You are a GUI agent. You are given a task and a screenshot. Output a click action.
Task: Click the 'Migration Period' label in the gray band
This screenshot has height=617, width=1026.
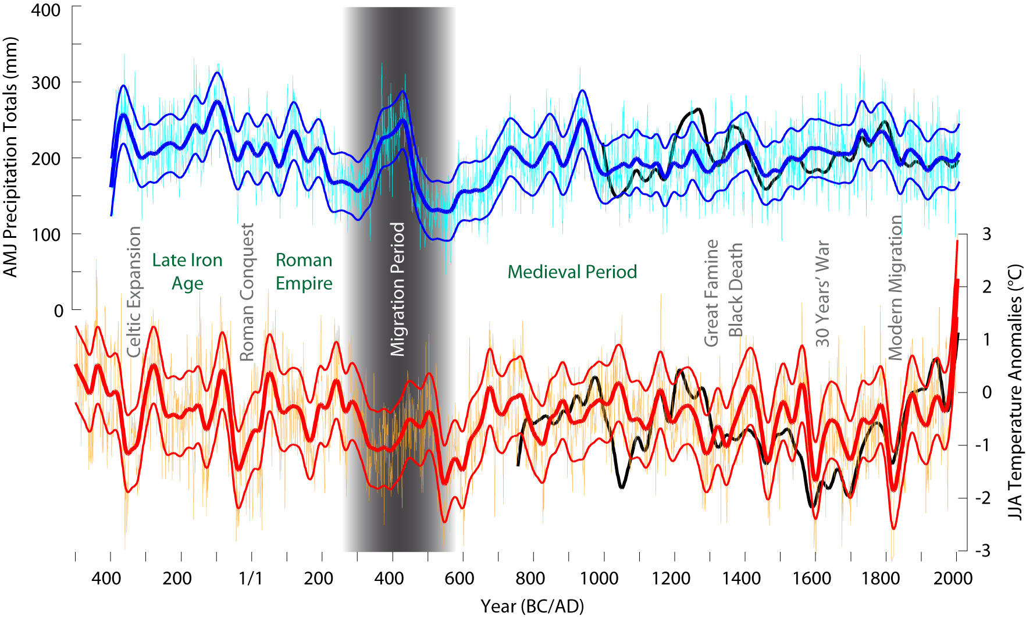[397, 289]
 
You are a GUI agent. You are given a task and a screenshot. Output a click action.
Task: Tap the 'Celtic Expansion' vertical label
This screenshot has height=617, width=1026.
[134, 292]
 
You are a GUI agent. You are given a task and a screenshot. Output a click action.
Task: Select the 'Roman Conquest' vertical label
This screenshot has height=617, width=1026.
[247, 293]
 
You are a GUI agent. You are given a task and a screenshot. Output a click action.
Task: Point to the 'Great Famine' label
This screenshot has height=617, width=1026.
[711, 293]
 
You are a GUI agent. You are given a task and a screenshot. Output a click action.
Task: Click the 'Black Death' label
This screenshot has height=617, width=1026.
[736, 290]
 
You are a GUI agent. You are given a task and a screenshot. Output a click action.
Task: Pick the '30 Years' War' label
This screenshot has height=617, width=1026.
[822, 294]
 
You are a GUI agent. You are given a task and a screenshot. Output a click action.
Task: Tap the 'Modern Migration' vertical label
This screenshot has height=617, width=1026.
[895, 288]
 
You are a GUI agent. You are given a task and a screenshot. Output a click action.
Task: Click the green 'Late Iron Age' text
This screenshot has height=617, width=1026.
[187, 272]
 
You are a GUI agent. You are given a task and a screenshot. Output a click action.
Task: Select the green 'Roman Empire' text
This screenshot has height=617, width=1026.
[304, 272]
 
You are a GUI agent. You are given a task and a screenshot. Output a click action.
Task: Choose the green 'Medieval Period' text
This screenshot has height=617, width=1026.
[572, 272]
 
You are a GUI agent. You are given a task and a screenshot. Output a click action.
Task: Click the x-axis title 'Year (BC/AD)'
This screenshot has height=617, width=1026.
[532, 606]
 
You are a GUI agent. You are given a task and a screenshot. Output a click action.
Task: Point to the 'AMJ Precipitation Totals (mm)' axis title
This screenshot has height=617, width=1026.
[10, 157]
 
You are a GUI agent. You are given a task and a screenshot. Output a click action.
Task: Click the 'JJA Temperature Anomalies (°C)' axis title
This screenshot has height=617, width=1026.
[1015, 393]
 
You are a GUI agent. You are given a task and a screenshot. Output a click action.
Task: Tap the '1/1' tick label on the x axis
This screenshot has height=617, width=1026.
[250, 579]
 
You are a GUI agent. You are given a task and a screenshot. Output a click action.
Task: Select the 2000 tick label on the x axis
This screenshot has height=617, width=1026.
[953, 579]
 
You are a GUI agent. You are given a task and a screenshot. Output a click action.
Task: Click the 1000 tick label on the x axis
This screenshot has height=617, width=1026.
[599, 579]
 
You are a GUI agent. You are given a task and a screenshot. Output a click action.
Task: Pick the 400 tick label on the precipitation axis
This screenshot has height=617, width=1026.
[45, 10]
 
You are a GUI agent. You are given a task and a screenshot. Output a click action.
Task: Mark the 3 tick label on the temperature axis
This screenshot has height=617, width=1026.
[986, 234]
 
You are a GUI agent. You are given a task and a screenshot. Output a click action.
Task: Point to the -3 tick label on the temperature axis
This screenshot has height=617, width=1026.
[984, 551]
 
